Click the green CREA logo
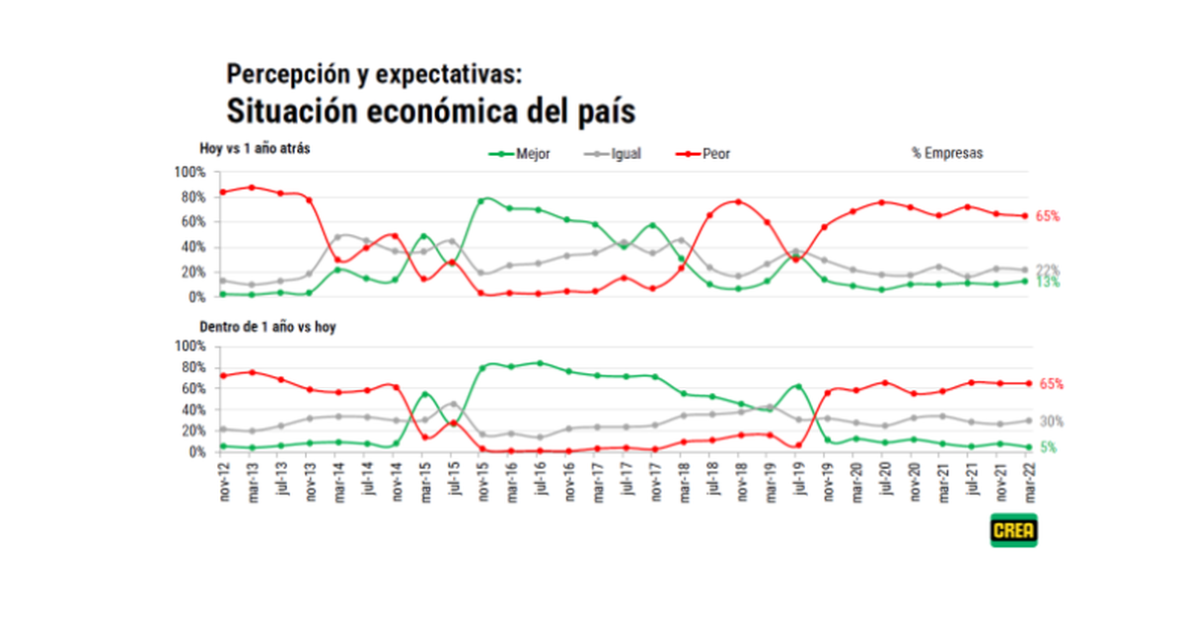[1013, 529]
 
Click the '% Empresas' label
[947, 154]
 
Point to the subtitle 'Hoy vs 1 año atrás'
[257, 149]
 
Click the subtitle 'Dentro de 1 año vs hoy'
[267, 326]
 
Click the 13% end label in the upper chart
[1047, 283]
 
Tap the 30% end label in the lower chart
[1051, 422]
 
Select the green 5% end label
[1047, 447]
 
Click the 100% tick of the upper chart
[189, 172]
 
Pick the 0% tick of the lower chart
[195, 452]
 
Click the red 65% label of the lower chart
[1050, 384]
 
